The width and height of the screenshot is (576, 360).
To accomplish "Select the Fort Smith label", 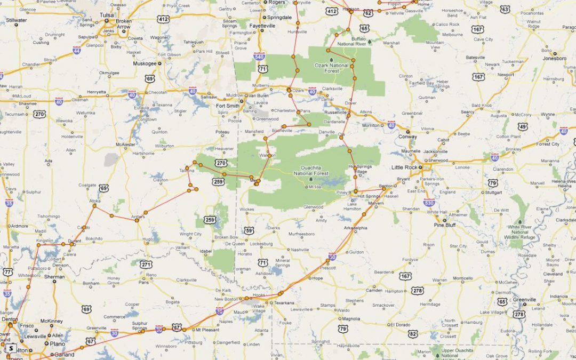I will coord(227,106).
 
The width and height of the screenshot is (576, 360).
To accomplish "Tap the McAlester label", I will coord(126,144).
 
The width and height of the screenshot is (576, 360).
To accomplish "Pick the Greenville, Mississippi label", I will coord(525,300).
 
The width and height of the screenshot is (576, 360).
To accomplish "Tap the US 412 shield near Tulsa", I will coord(163,19).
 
